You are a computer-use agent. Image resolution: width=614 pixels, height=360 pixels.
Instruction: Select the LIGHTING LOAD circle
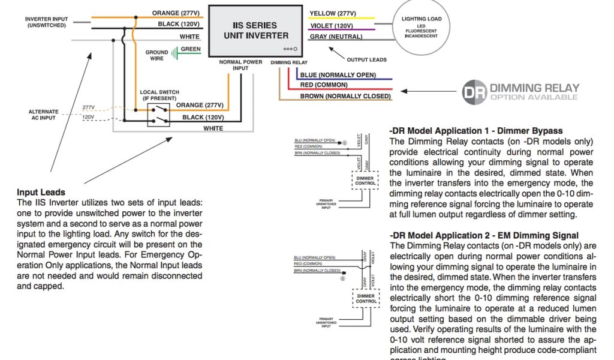(x=421, y=28)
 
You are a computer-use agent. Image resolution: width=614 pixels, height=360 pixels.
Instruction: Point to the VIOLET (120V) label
(x=331, y=26)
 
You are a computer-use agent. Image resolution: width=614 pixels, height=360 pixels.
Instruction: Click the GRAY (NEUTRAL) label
(x=336, y=37)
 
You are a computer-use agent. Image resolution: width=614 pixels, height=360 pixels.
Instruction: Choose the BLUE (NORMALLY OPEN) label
(x=338, y=74)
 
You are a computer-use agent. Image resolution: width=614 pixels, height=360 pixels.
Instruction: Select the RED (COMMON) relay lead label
(x=324, y=85)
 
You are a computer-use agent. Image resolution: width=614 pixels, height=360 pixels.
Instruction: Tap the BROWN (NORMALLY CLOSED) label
(x=345, y=96)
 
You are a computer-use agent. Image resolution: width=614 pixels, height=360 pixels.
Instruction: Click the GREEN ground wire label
(x=191, y=49)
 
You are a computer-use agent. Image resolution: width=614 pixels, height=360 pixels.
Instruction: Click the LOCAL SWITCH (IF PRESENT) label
(x=159, y=95)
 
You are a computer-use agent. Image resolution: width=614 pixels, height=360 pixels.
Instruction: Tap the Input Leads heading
(x=41, y=193)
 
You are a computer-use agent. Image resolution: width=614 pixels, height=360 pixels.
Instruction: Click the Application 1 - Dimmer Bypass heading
(x=476, y=131)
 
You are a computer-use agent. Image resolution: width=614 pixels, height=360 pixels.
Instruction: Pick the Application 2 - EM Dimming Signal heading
(x=484, y=236)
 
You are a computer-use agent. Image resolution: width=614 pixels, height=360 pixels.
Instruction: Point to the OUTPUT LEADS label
(x=367, y=59)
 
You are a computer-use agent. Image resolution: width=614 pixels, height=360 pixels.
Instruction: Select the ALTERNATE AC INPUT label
(x=44, y=115)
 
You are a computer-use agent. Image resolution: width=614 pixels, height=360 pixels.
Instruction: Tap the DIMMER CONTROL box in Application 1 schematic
(x=365, y=180)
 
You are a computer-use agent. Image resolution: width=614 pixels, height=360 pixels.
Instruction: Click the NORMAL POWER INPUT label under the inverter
(x=240, y=65)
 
